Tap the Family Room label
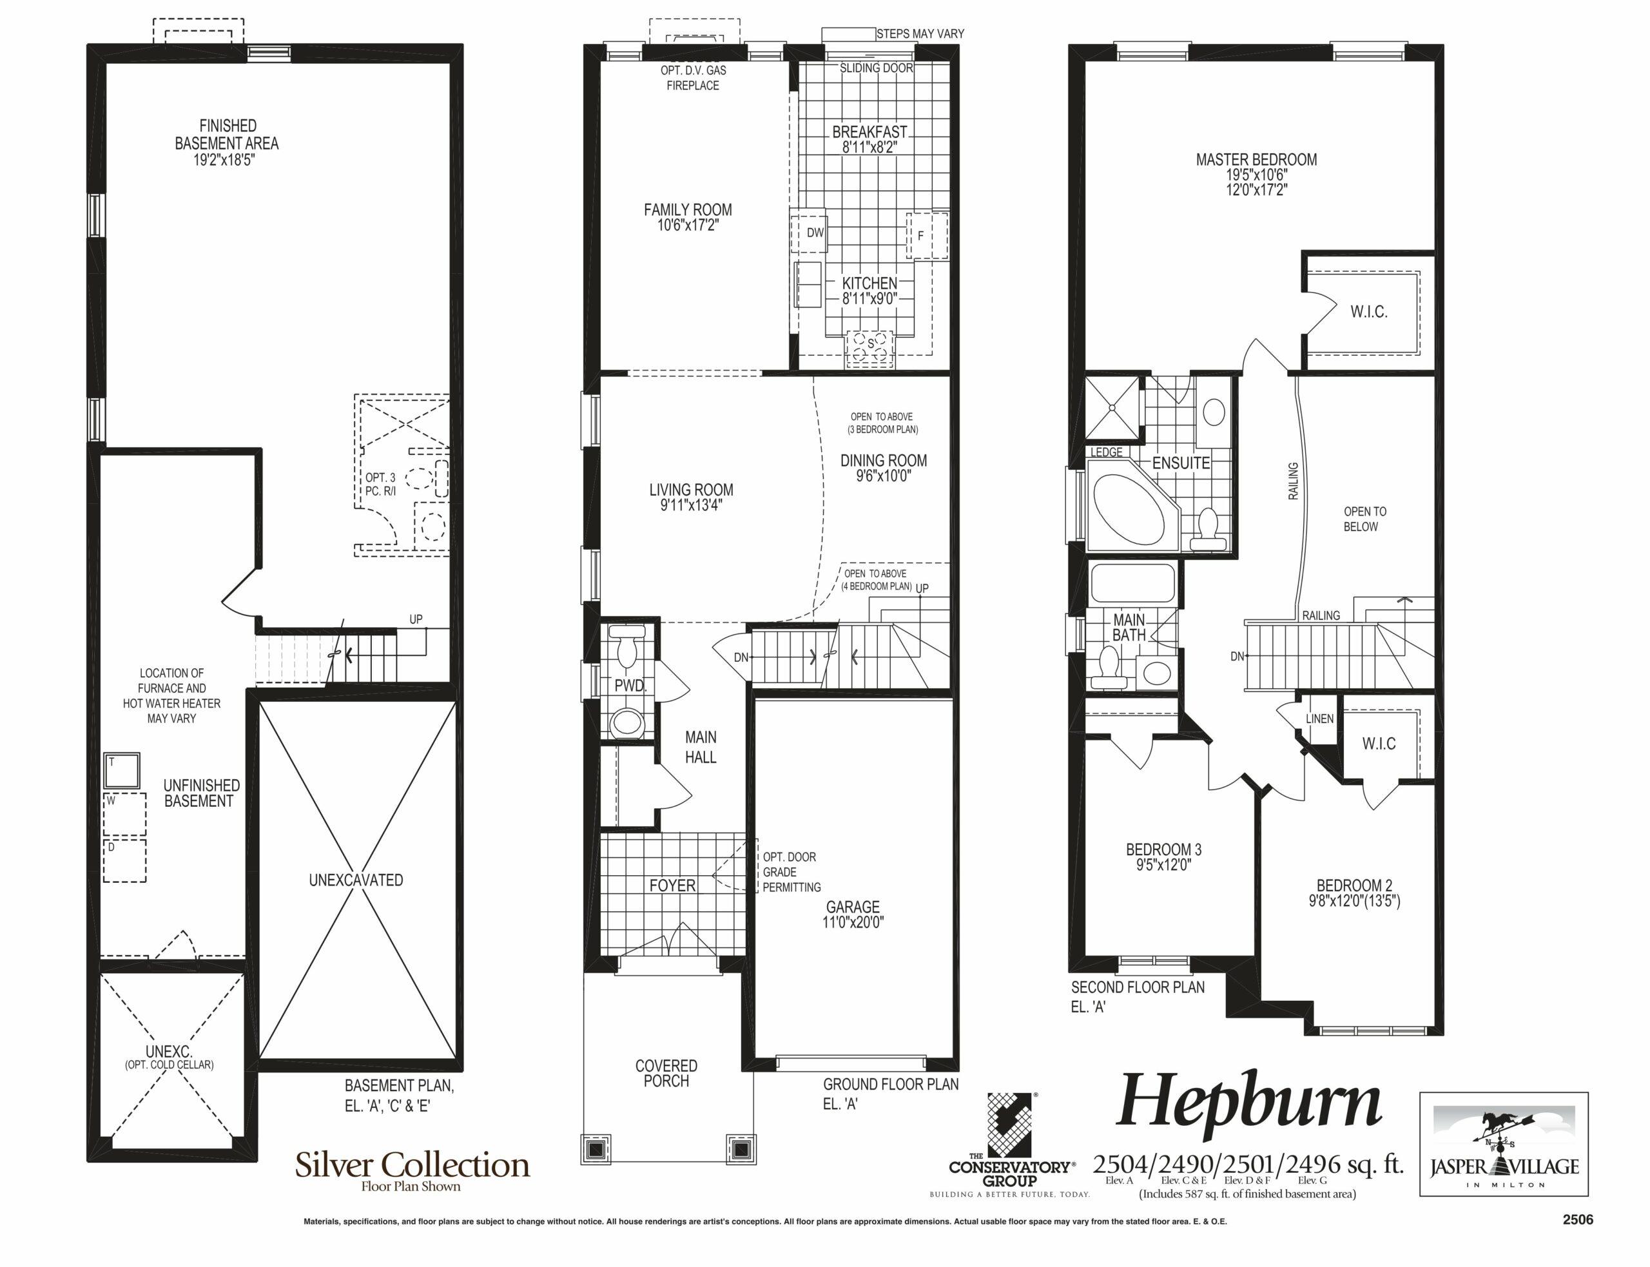point(688,209)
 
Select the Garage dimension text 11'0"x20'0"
point(853,922)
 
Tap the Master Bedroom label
point(1256,160)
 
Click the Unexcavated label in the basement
point(356,880)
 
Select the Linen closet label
point(1320,719)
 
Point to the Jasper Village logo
point(1504,1143)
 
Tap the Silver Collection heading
point(412,1165)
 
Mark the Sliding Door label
point(877,68)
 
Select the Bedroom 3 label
point(1163,850)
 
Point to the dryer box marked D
point(124,859)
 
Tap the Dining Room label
point(884,461)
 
